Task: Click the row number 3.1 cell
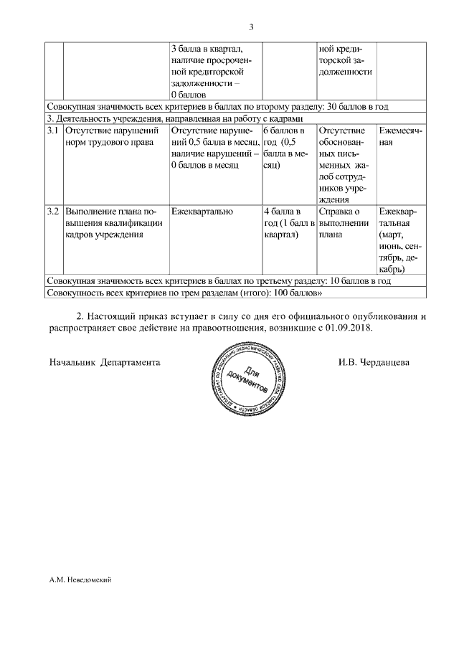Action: [53, 131]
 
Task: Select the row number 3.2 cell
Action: [53, 212]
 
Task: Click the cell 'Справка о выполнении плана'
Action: [344, 222]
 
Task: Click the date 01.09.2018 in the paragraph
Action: [352, 327]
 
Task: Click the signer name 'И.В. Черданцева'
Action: [374, 362]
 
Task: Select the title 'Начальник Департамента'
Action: [105, 362]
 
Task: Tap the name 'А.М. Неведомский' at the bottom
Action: [78, 579]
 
